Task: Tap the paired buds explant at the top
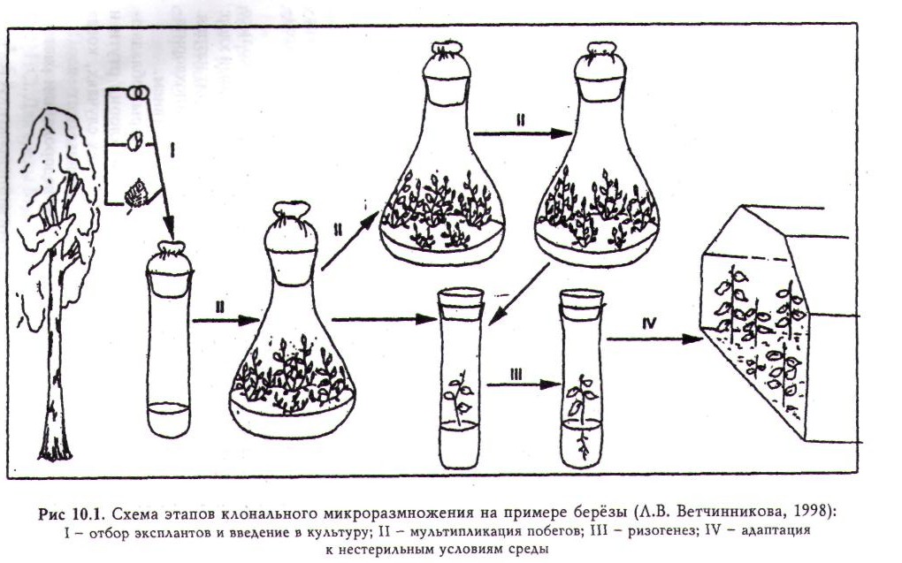136,92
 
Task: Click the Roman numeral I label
173,152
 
